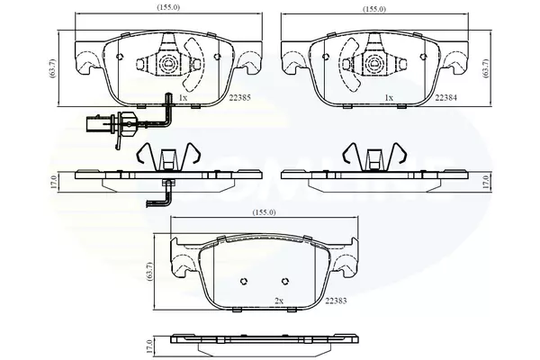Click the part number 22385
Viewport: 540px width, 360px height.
pyautogui.click(x=240, y=98)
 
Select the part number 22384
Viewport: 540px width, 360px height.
pyautogui.click(x=446, y=98)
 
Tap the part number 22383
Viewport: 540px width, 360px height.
pyautogui.click(x=336, y=301)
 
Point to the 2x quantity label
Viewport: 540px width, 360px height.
pyautogui.click(x=279, y=301)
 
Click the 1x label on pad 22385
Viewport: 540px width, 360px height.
pyautogui.click(x=183, y=98)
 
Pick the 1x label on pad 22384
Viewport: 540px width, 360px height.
pyautogui.click(x=389, y=98)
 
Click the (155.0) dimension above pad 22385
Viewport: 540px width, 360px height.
pyautogui.click(x=168, y=7)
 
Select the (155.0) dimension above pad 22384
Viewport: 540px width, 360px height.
pyautogui.click(x=374, y=9)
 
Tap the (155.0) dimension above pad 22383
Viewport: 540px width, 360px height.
pyautogui.click(x=265, y=212)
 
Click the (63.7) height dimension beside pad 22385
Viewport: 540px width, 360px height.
pyautogui.click(x=53, y=68)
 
